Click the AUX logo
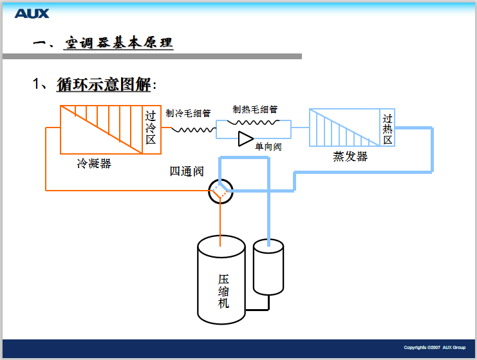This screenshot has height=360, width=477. coord(32,13)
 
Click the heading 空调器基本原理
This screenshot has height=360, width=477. coord(118,43)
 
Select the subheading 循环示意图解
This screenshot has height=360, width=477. coord(104,84)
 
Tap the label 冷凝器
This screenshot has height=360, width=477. coord(93,164)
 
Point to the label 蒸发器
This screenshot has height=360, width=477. coord(350,156)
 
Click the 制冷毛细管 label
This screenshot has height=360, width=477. coord(188,113)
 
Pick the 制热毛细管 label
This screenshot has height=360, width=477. coord(256,109)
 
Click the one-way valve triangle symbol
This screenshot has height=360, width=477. coord(245,138)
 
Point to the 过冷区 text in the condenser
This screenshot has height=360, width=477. coord(151,128)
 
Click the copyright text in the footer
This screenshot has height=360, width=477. coord(435,348)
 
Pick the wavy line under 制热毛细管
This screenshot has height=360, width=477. coord(253,122)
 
